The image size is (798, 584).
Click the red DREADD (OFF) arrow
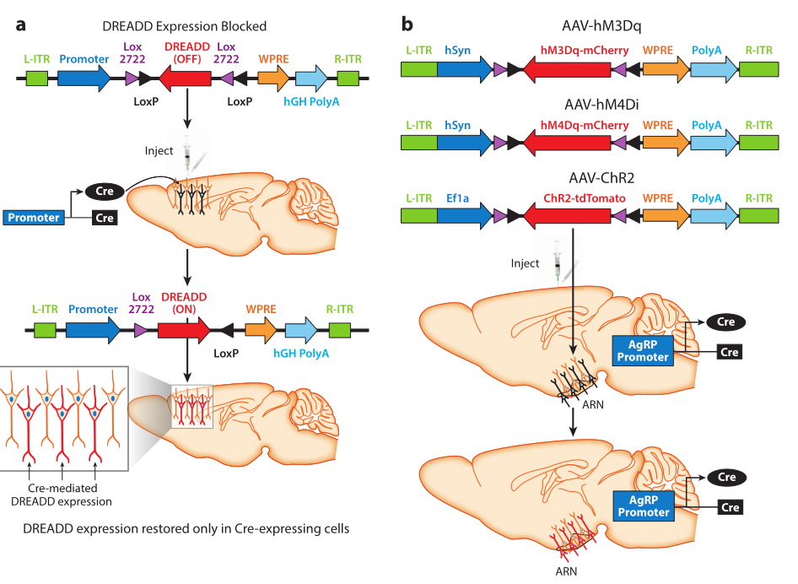[x=185, y=79]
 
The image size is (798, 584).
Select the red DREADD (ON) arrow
[x=184, y=330]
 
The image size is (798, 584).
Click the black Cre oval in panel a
[x=104, y=192]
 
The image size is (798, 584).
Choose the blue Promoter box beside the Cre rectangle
[x=35, y=218]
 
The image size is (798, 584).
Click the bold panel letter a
[x=20, y=24]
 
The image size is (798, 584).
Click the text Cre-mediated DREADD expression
[x=65, y=494]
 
